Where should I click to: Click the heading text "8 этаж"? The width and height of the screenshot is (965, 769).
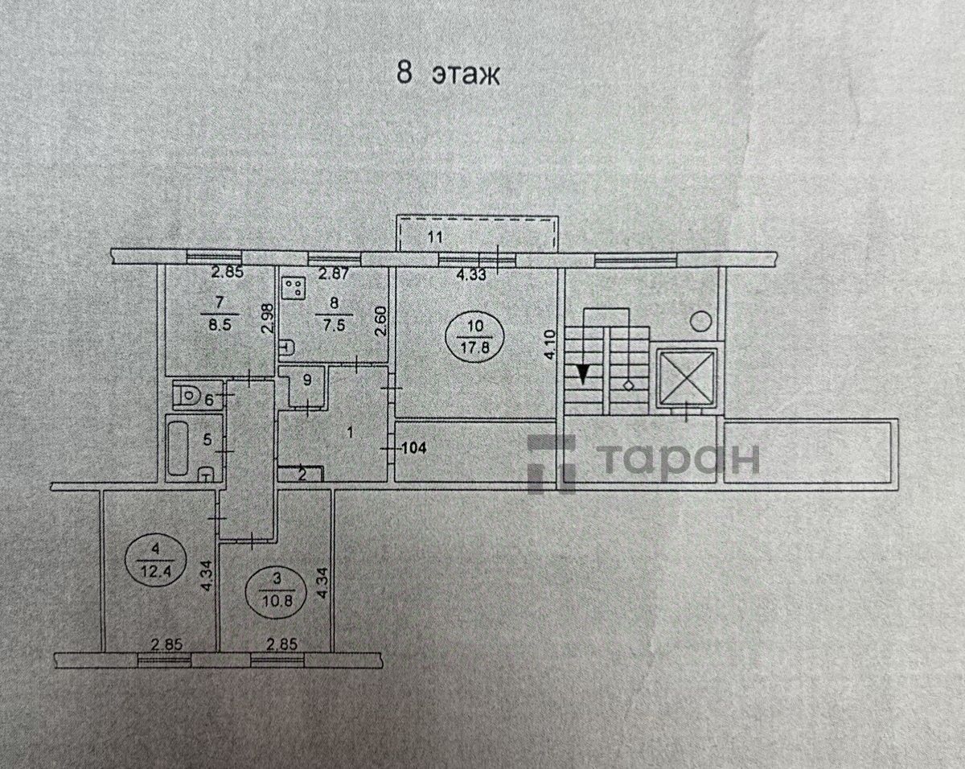point(448,74)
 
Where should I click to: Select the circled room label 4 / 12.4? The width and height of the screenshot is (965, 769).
point(155,565)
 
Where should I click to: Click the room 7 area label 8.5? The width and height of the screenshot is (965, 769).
point(220,324)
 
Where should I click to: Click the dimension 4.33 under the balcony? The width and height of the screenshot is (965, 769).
point(472,274)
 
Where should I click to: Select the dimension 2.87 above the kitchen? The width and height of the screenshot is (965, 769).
point(333,273)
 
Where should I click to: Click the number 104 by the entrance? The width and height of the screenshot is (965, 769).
point(414,448)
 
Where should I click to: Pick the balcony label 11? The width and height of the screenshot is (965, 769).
point(434,236)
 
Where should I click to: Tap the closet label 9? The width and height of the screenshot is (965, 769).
point(307,380)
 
